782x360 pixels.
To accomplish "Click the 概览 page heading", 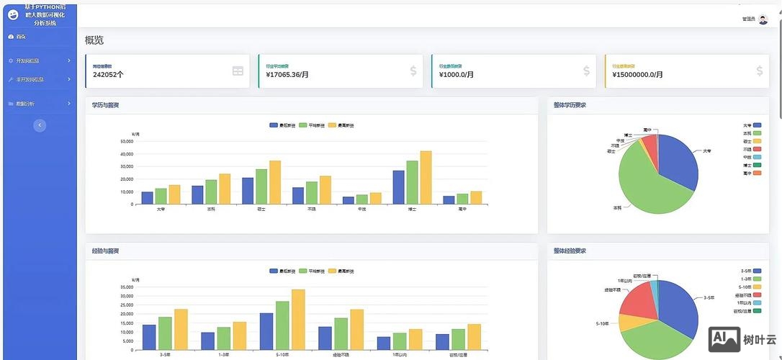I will tap(94, 40).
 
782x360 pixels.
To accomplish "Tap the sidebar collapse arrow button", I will tap(40, 125).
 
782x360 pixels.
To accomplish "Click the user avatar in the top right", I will tap(763, 19).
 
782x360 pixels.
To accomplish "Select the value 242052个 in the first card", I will tap(108, 74).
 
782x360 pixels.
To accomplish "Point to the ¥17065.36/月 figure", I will tap(287, 74).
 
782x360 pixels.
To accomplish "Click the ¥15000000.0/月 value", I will tap(637, 74).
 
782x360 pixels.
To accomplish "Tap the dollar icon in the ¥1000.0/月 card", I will tap(586, 71).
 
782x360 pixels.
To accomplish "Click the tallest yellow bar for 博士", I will tap(426, 177).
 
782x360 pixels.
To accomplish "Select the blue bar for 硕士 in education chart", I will tap(248, 191).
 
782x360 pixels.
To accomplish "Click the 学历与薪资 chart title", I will tap(105, 105).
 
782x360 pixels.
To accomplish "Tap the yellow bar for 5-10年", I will tap(298, 319).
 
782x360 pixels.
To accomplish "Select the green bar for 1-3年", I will tap(223, 338).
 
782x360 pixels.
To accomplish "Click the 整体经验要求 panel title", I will tap(570, 251).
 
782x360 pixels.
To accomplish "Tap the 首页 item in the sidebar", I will tap(21, 36).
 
